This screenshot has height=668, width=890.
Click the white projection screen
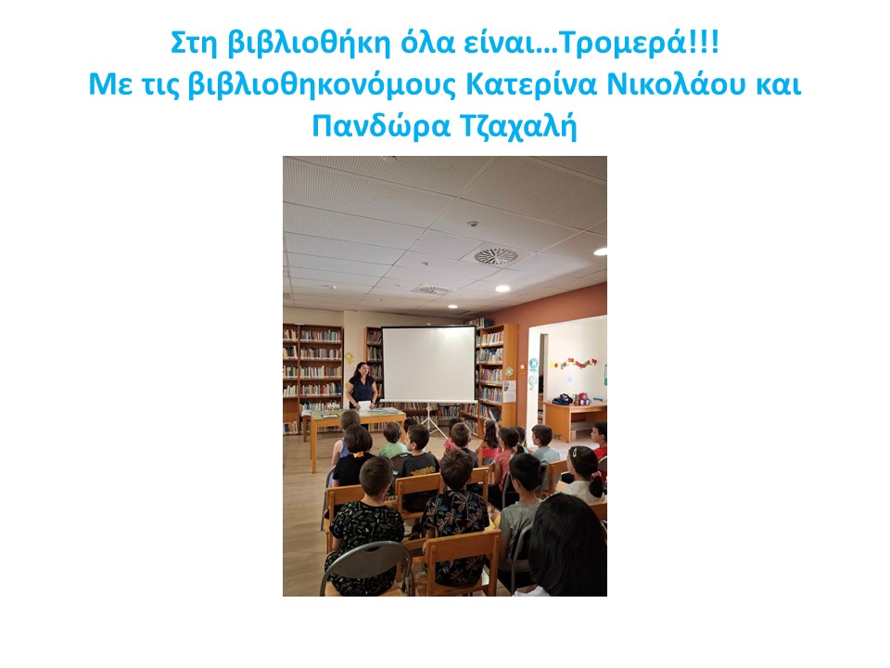[428, 364]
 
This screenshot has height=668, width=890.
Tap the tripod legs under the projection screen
[430, 421]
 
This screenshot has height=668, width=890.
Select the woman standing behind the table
[362, 388]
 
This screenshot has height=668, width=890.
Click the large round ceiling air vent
[496, 257]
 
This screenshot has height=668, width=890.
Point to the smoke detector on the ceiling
[472, 224]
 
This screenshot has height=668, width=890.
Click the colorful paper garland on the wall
[573, 363]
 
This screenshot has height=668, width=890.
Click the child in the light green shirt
[393, 441]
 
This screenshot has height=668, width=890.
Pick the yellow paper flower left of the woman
[349, 358]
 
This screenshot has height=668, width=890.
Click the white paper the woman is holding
[363, 405]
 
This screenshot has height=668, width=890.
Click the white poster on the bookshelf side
[509, 392]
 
